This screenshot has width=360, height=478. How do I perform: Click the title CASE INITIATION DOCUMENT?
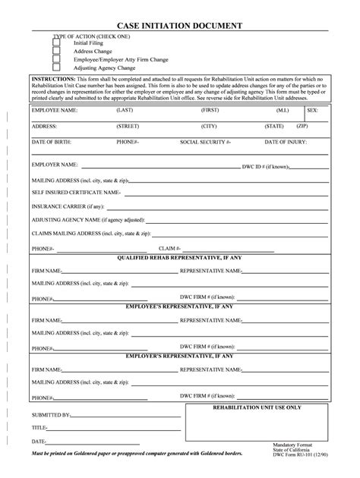(179, 26)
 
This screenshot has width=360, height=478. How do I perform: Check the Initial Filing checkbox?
(56, 43)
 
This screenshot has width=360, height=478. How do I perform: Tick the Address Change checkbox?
(56, 51)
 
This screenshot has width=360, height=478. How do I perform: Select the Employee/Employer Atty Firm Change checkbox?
(56, 59)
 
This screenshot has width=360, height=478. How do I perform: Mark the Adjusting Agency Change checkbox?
(56, 68)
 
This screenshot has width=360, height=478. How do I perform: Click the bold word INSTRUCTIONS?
(53, 79)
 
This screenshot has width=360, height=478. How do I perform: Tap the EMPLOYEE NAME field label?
(54, 110)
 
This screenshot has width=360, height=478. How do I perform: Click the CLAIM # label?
(168, 248)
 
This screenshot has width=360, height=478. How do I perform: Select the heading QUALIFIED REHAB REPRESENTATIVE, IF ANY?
(179, 258)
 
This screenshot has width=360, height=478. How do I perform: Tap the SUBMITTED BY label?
(50, 416)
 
